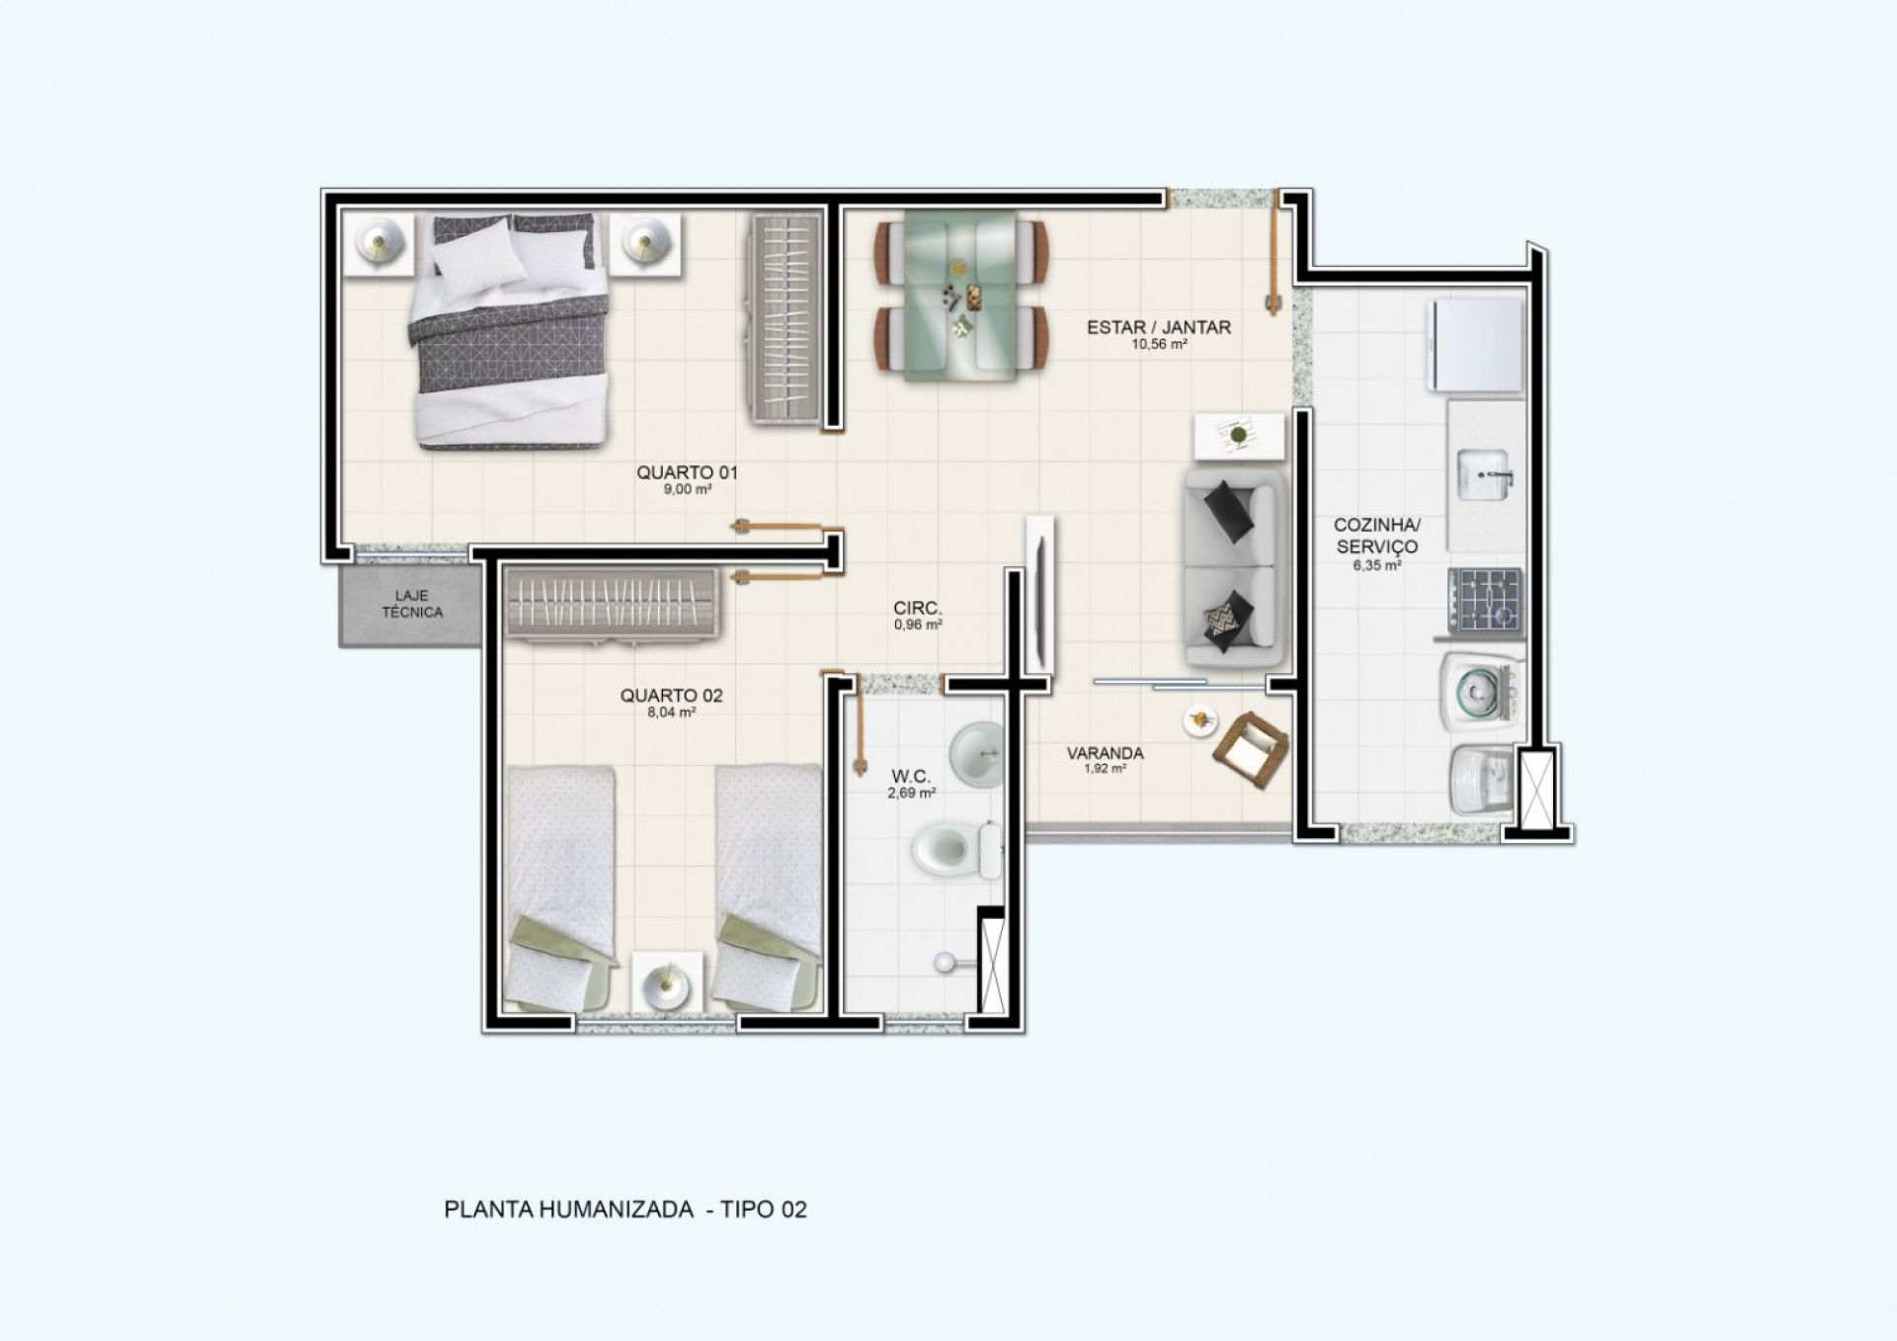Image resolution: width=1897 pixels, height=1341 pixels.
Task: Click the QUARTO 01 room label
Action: pyautogui.click(x=687, y=472)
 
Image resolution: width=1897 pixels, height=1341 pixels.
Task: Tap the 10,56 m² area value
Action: pyautogui.click(x=1159, y=345)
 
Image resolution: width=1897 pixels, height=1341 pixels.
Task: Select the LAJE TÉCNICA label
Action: pyautogui.click(x=412, y=604)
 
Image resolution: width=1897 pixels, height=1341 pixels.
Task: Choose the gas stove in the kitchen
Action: pyautogui.click(x=1485, y=600)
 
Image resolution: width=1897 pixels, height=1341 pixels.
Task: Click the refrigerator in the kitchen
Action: pyautogui.click(x=1475, y=346)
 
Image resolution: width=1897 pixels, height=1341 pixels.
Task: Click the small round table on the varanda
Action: pyautogui.click(x=1199, y=720)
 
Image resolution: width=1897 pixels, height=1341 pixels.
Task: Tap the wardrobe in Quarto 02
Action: pyautogui.click(x=614, y=605)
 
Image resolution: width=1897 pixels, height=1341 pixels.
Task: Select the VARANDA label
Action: pyautogui.click(x=1105, y=753)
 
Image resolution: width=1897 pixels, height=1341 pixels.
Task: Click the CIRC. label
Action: pyautogui.click(x=918, y=609)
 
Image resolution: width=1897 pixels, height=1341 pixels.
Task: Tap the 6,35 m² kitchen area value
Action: pyautogui.click(x=1377, y=566)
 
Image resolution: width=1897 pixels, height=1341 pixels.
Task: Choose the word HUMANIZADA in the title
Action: pyautogui.click(x=617, y=1210)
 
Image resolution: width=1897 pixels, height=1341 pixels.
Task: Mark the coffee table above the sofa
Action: pyautogui.click(x=1240, y=437)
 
